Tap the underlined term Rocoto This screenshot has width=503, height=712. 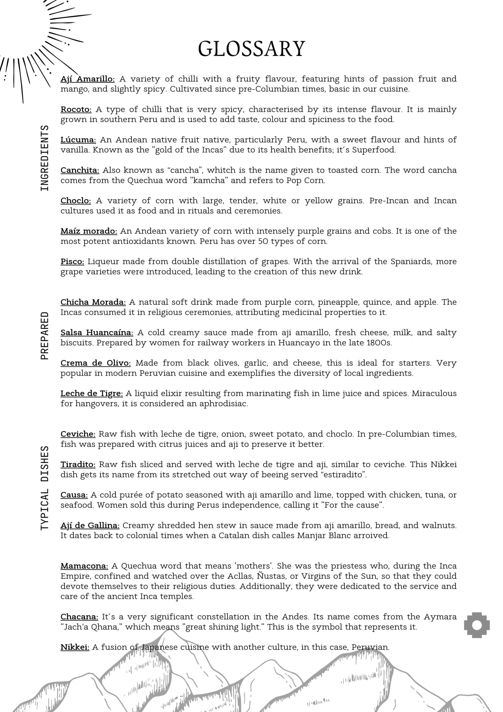(76, 110)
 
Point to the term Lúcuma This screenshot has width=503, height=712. (78, 140)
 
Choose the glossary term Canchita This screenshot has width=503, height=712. (80, 170)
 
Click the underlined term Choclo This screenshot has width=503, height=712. (76, 201)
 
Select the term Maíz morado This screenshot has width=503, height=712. (89, 231)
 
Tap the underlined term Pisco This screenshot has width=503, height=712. (72, 261)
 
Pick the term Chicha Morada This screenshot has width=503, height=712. (93, 302)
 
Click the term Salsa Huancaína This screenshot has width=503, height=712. (97, 332)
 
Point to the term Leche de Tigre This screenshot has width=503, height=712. (91, 393)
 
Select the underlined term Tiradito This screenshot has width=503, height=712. (78, 464)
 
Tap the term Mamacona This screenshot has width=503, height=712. (84, 566)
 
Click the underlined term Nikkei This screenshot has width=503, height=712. (75, 647)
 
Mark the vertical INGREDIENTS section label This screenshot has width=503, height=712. (45, 158)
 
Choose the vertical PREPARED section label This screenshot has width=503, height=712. (45, 335)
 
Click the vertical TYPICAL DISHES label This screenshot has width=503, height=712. (45, 488)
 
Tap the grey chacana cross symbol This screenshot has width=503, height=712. (477, 625)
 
